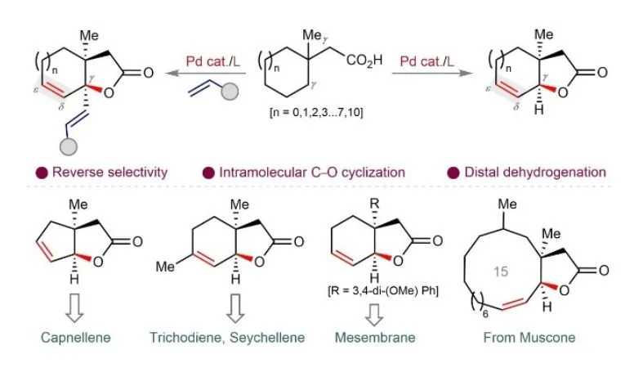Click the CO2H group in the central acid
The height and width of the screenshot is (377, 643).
364,61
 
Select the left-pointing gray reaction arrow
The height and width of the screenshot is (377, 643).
206,74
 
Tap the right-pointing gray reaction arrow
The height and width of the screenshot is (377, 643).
433,73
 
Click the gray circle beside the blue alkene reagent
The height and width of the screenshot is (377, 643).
230,92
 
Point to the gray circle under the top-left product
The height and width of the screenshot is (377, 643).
69,146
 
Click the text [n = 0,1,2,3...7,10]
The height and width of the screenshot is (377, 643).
316,112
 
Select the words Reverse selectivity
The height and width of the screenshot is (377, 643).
110,172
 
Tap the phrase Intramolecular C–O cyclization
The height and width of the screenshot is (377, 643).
312,172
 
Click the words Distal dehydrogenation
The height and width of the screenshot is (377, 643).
535,172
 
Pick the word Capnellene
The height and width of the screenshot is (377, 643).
76,338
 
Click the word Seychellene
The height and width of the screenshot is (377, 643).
267,338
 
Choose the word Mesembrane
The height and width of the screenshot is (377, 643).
375,338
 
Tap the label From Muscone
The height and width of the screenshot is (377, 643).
529,338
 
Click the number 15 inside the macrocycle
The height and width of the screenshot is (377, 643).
501,272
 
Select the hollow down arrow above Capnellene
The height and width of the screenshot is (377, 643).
74,308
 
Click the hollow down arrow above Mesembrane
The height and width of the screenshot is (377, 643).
374,315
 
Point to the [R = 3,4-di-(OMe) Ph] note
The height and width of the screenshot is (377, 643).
383,291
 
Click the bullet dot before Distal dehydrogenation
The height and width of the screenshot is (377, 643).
453,173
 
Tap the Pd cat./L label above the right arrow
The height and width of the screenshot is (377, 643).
426,61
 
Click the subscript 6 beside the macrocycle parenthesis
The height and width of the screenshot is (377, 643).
485,315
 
